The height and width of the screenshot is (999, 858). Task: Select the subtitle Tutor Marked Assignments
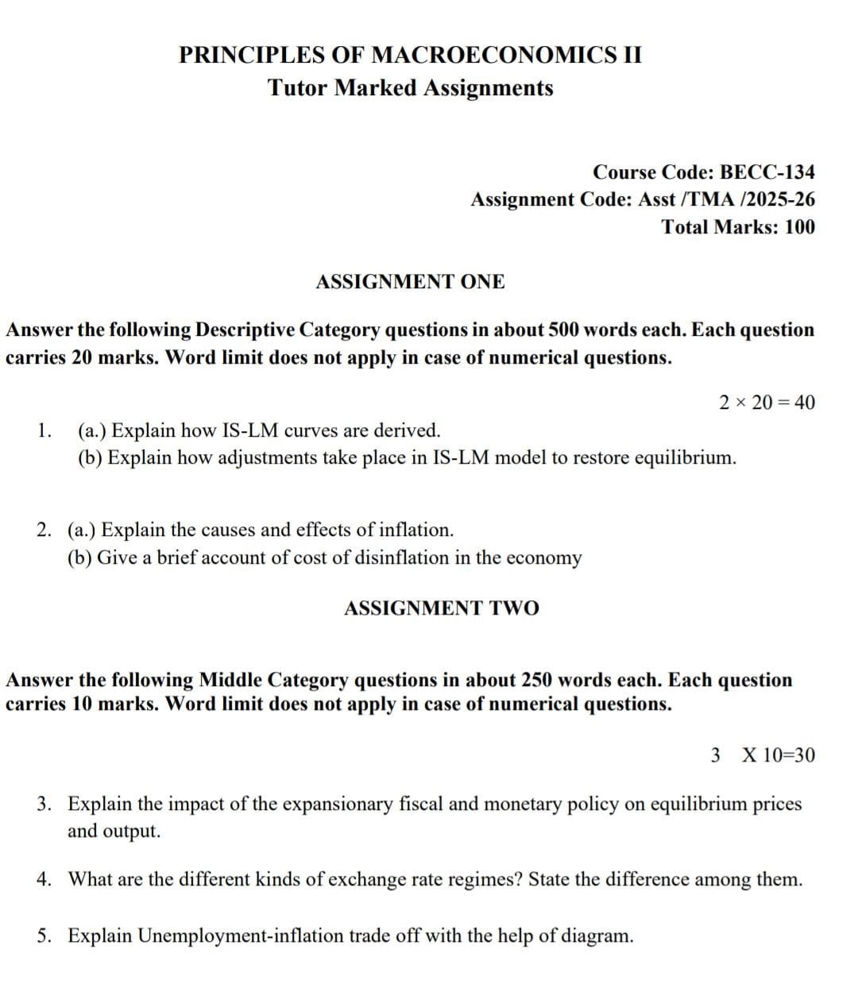tap(410, 87)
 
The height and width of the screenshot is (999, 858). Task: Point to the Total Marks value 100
tap(799, 227)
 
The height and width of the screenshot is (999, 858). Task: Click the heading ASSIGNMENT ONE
tap(410, 282)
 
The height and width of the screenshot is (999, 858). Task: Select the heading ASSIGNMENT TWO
tap(441, 608)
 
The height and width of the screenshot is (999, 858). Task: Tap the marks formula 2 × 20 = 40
tap(767, 403)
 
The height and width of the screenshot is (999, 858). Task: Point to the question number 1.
tap(44, 431)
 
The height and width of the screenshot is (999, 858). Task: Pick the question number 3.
tap(45, 804)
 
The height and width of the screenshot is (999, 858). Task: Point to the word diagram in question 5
tap(596, 935)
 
